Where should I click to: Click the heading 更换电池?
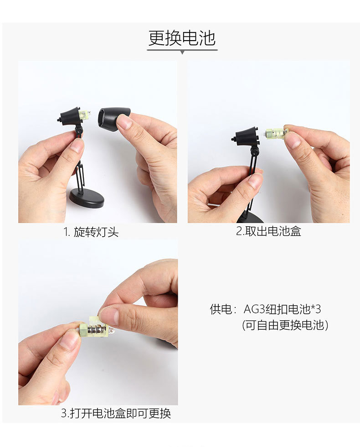coord(182,38)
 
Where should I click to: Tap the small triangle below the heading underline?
coord(182,52)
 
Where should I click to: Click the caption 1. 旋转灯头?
coord(91,232)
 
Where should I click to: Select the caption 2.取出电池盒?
coord(268,231)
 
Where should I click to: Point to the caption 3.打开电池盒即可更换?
coord(116,414)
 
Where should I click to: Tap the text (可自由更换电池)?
coord(285,325)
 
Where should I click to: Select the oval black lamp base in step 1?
coord(86,198)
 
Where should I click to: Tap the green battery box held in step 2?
coord(276,134)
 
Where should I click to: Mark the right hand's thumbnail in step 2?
coord(292,139)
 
